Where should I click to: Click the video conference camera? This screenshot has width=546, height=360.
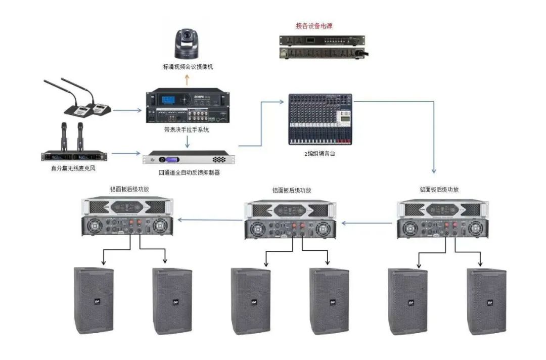pos(188,44)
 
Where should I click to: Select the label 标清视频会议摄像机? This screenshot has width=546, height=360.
pos(188,66)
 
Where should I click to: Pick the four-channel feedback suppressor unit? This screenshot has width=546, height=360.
pos(190,158)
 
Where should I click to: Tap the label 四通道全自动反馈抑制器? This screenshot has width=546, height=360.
pos(190,172)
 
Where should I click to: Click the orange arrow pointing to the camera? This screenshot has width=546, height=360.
pos(187,80)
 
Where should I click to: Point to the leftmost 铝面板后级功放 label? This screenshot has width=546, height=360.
pos(129,189)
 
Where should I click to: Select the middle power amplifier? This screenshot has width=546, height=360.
pos(290,219)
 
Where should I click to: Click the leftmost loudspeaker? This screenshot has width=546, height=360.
pos(94,300)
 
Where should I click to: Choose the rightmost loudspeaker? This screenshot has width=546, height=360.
pos(486,301)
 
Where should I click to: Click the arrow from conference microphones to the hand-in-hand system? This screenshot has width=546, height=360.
pos(127,109)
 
